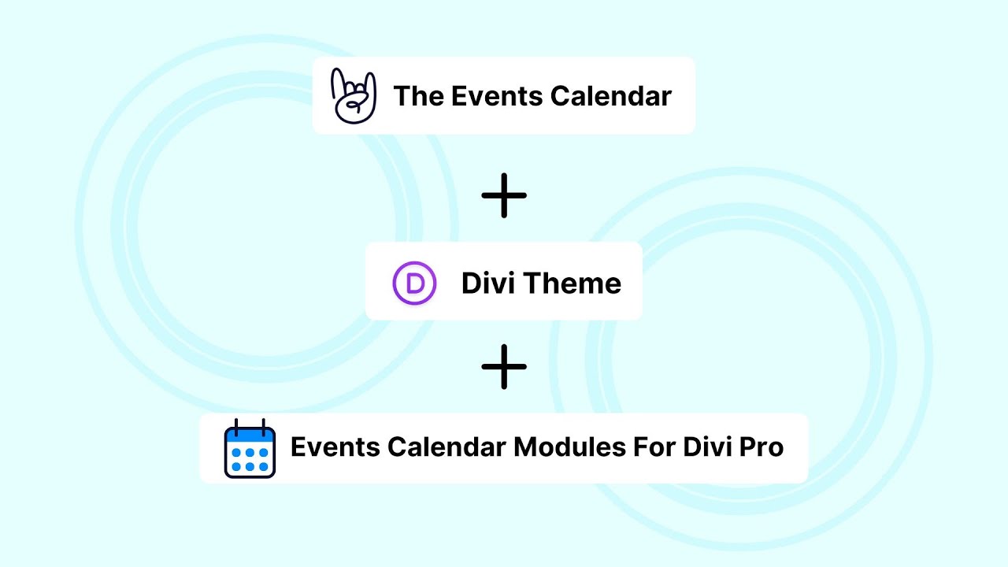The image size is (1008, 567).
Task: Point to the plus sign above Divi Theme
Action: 504,195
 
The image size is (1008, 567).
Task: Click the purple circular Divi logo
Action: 414,283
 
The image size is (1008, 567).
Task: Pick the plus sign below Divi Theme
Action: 504,366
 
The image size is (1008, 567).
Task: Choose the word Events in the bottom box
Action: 328,447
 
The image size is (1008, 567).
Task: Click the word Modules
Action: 570,447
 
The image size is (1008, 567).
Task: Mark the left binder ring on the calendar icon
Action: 239,426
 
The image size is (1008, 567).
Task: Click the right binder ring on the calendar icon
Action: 261,426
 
